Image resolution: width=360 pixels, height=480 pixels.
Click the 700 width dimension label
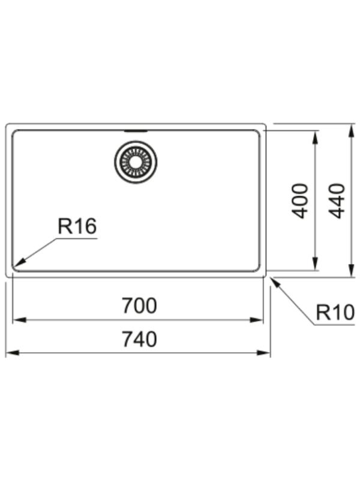[139, 305]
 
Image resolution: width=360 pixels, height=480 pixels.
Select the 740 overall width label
[139, 339]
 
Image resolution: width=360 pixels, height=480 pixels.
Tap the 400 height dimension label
[299, 201]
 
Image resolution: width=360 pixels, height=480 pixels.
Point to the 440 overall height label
[337, 201]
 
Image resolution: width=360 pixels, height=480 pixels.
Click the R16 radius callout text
[77, 226]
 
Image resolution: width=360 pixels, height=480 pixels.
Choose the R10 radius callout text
[335, 313]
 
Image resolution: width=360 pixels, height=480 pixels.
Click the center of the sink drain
[136, 161]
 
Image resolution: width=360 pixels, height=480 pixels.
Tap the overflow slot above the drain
[136, 131]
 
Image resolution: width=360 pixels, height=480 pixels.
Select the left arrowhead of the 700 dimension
[19, 320]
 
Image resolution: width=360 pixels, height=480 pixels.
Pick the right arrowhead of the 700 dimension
[257, 320]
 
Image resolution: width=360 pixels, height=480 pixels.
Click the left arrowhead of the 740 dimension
[13, 353]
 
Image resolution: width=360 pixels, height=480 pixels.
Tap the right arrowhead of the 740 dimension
[263, 353]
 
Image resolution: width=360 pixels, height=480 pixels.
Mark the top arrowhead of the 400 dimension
[314, 137]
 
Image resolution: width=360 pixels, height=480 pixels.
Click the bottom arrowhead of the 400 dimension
[314, 264]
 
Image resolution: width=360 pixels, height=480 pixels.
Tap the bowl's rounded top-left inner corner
[14, 132]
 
